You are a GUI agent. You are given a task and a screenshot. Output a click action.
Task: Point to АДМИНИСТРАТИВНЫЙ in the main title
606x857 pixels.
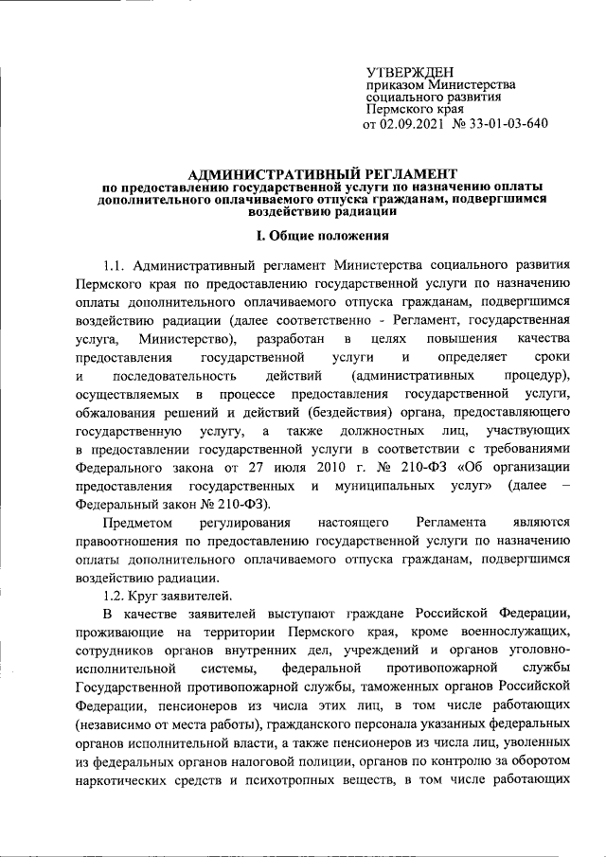pos(256,173)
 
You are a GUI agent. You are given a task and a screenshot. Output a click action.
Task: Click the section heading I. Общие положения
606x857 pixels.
pos(302,236)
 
